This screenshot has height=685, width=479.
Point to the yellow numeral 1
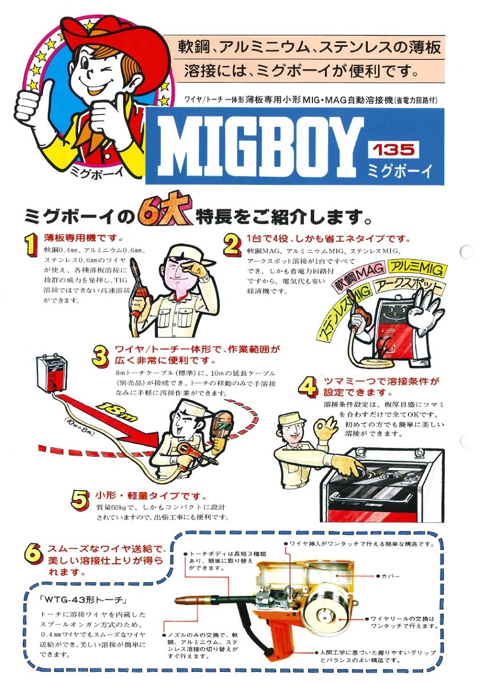[x=32, y=244]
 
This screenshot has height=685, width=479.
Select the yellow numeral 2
[x=232, y=245]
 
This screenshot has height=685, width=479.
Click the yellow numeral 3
[x=100, y=356]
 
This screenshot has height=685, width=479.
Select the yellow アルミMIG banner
[x=416, y=268]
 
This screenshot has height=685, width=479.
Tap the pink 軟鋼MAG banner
[x=358, y=277]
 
